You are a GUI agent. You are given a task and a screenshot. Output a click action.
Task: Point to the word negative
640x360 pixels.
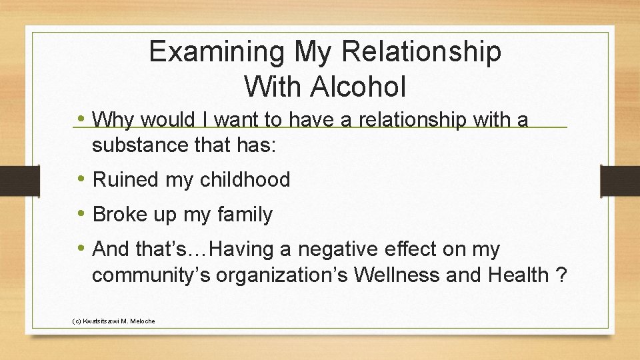pyautogui.click(x=337, y=249)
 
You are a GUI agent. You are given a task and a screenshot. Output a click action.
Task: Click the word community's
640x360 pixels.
pyautogui.click(x=149, y=275)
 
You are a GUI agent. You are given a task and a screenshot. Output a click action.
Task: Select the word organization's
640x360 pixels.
pyautogui.click(x=275, y=275)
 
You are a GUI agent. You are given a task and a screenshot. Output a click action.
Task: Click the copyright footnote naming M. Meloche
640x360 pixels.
pyautogui.click(x=113, y=321)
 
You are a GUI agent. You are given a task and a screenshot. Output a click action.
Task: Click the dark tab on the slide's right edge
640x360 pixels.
pyautogui.click(x=619, y=181)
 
